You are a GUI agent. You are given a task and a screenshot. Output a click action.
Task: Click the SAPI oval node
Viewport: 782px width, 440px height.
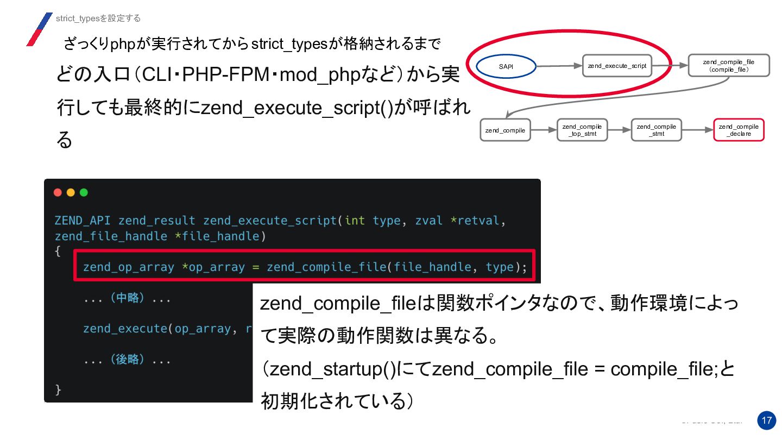[506, 67]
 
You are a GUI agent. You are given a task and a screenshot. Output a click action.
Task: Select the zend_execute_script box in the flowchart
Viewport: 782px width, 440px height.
[617, 66]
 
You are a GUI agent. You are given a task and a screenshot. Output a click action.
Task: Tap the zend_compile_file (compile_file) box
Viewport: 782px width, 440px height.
[728, 66]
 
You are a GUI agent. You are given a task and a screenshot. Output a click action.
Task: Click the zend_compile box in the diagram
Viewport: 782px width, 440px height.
[505, 130]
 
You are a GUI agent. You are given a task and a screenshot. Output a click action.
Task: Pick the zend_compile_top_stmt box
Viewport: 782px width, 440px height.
[582, 130]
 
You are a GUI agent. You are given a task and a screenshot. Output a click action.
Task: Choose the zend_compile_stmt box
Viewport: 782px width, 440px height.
[657, 130]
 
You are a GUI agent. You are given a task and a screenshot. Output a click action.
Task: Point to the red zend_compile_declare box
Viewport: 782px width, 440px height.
[738, 130]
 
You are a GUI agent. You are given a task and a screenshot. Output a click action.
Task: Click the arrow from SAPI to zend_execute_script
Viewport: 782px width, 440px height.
[559, 66]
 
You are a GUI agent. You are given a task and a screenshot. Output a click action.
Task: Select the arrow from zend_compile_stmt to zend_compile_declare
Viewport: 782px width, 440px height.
[697, 130]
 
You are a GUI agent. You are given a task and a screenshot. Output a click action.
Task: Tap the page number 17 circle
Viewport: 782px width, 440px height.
[766, 420]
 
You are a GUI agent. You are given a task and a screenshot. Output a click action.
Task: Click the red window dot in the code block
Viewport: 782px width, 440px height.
[58, 192]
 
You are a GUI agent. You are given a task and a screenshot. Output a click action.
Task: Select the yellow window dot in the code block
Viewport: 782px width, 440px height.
[71, 192]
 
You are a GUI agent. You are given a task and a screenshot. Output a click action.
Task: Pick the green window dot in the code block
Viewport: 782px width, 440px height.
[84, 192]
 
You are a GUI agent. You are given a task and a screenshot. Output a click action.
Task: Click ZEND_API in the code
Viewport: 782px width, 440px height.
[83, 221]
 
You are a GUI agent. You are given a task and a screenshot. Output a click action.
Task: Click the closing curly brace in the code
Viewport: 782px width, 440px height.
[58, 389]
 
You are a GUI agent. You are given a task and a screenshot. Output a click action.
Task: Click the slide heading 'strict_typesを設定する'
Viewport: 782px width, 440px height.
[98, 18]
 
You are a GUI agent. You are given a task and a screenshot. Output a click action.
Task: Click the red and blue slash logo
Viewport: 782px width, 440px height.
[39, 29]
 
